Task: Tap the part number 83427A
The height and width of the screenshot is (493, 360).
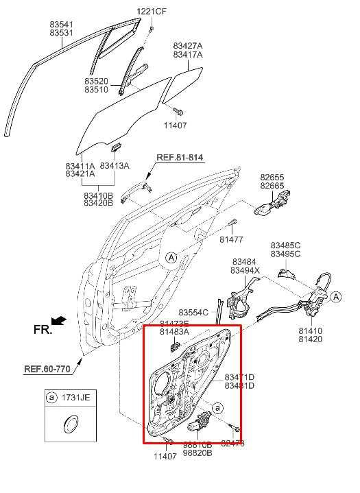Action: coord(187,45)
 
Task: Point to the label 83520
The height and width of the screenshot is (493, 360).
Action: coord(97,81)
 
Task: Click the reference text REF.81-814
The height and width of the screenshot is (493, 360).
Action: coord(180,158)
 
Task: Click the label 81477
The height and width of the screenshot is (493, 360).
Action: coord(231,239)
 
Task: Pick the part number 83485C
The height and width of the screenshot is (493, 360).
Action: coord(285,245)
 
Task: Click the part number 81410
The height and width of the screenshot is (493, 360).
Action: coord(310,330)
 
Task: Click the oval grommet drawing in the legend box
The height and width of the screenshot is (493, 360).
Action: coord(69,424)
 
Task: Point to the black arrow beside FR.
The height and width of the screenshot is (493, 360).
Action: coord(60,320)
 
